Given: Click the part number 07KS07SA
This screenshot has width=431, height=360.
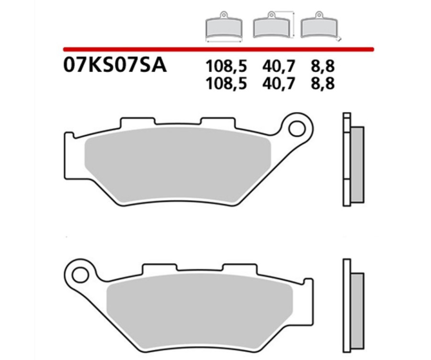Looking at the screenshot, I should (x=114, y=66).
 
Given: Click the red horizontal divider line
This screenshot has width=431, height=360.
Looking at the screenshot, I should (x=218, y=49).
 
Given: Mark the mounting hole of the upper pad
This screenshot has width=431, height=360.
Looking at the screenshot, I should (x=296, y=128).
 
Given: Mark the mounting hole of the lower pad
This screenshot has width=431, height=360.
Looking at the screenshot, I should (x=80, y=275).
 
